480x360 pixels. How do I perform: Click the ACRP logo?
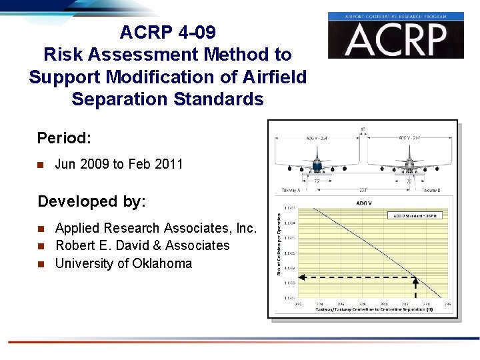395,35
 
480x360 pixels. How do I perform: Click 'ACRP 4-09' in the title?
167,32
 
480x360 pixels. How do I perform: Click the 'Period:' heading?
64,138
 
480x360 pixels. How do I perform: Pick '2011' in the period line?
168,164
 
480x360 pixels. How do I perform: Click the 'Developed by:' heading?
91,201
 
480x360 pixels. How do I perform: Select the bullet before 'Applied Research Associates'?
41,229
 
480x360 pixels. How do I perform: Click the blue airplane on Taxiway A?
318,164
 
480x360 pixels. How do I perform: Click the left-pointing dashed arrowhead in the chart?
299,277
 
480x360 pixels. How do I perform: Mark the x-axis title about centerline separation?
365,310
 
